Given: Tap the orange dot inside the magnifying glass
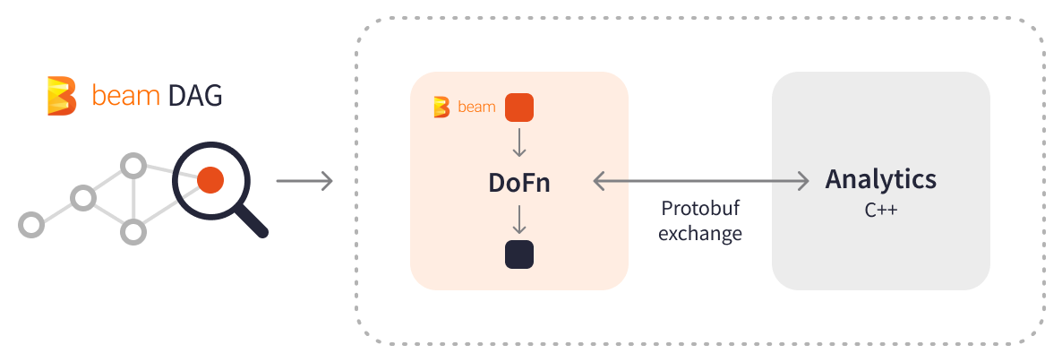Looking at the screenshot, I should (210, 180).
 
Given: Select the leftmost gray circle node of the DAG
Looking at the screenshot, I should (31, 224).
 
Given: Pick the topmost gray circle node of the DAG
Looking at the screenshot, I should (133, 166).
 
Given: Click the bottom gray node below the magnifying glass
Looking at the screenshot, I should (133, 231).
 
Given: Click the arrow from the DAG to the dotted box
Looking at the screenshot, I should (304, 182).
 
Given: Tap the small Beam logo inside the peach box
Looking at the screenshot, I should (441, 107).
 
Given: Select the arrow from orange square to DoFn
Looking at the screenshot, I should (519, 142).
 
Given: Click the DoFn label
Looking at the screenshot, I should (519, 182).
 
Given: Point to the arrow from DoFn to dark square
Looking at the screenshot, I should (519, 220).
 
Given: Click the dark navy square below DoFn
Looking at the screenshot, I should (519, 254).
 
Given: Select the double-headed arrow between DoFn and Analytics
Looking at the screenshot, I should (700, 182).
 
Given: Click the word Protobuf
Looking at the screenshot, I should (700, 210).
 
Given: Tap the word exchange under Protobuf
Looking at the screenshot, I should (700, 234).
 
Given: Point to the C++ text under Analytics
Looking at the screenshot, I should (881, 211).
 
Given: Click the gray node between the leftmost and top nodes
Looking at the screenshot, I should (83, 197).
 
